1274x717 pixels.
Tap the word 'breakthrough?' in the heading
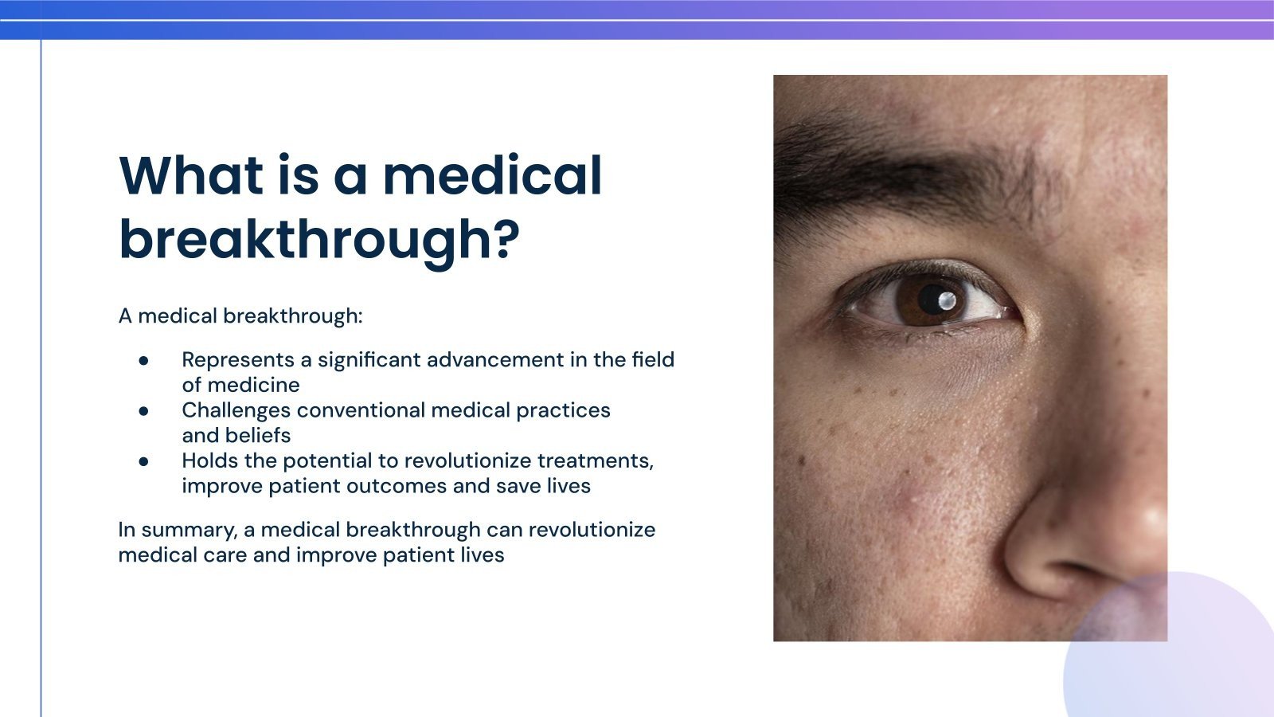click(318, 239)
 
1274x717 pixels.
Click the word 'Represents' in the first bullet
click(238, 360)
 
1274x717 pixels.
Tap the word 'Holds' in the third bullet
click(209, 461)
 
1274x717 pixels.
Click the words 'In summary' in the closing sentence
click(176, 531)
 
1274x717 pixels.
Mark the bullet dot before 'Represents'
click(144, 360)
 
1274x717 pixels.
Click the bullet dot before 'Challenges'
click(144, 411)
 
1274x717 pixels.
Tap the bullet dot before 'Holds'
click(144, 461)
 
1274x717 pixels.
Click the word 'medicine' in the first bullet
click(253, 386)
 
